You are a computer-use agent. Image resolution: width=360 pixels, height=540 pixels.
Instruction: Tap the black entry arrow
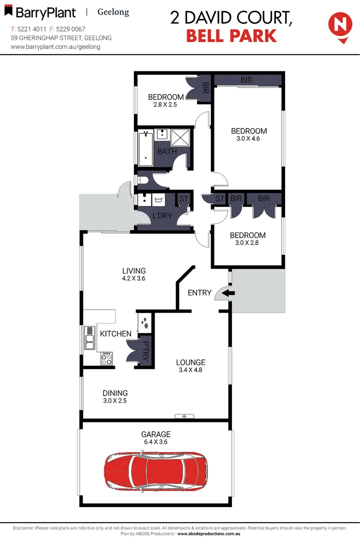click(x=228, y=293)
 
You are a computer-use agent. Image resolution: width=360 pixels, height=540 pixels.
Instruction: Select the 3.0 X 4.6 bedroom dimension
click(x=248, y=139)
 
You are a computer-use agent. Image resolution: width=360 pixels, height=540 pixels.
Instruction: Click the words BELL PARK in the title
click(x=230, y=36)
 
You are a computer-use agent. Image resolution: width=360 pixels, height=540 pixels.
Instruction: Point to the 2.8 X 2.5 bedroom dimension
click(x=165, y=105)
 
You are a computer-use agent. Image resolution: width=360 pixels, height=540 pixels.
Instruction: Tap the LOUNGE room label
click(x=190, y=362)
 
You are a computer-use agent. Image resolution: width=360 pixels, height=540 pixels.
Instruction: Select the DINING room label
click(x=115, y=393)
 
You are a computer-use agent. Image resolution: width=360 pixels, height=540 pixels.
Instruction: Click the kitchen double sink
click(x=90, y=338)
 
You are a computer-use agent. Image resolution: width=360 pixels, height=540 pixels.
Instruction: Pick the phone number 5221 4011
click(x=30, y=29)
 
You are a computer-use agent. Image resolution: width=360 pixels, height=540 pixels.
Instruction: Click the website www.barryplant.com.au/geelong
click(x=55, y=46)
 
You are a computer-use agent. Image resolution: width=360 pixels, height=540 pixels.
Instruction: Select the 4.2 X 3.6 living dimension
click(x=133, y=279)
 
